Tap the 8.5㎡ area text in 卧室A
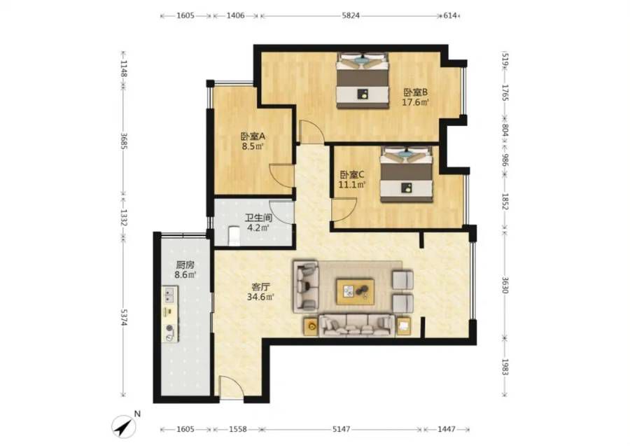253,146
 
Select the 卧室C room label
352,175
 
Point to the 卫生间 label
259,218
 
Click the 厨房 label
185,265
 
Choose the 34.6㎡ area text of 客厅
261,297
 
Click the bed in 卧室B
363,80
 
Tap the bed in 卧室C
407,174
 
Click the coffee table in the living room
356,291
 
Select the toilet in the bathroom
233,236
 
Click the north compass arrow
124,426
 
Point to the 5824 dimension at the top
351,15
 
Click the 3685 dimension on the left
124,141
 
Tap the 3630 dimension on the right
505,284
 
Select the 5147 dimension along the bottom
341,429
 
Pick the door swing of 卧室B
311,132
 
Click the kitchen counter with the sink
170,314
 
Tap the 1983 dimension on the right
505,367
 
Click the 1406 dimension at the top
235,15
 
